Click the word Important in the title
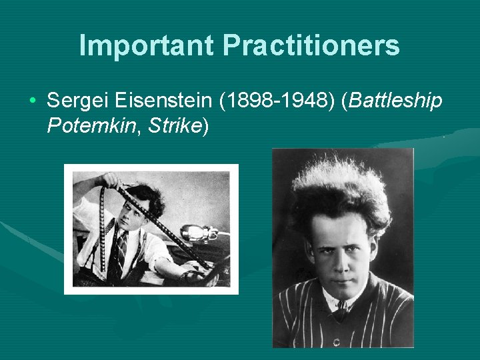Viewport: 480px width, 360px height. click(146, 45)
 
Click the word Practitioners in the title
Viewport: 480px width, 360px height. click(311, 45)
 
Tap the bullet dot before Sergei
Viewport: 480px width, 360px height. click(33, 101)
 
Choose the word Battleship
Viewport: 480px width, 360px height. click(395, 101)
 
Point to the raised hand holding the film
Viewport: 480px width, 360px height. click(108, 181)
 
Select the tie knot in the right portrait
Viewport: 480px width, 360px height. click(340, 308)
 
